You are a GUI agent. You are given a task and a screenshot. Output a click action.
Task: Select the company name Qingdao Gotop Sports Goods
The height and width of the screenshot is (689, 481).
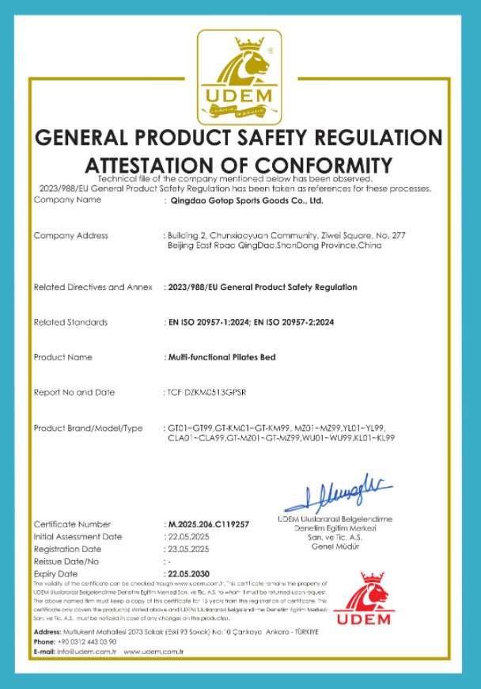248,200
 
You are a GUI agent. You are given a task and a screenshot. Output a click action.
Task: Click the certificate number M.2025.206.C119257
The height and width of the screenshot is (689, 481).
209,524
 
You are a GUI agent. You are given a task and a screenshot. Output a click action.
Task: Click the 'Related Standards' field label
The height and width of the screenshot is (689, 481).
70,322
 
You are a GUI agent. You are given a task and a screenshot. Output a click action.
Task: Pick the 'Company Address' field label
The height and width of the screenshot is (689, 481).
71,235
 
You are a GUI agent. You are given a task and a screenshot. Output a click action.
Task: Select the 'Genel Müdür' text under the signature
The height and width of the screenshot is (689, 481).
335,546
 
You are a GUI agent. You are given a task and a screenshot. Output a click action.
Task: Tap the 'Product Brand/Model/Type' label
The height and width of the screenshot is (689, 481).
88,428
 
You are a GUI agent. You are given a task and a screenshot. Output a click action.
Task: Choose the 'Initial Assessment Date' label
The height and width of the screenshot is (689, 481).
78,536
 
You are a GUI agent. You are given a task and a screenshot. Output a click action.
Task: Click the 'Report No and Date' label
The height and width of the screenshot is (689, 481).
74,393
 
